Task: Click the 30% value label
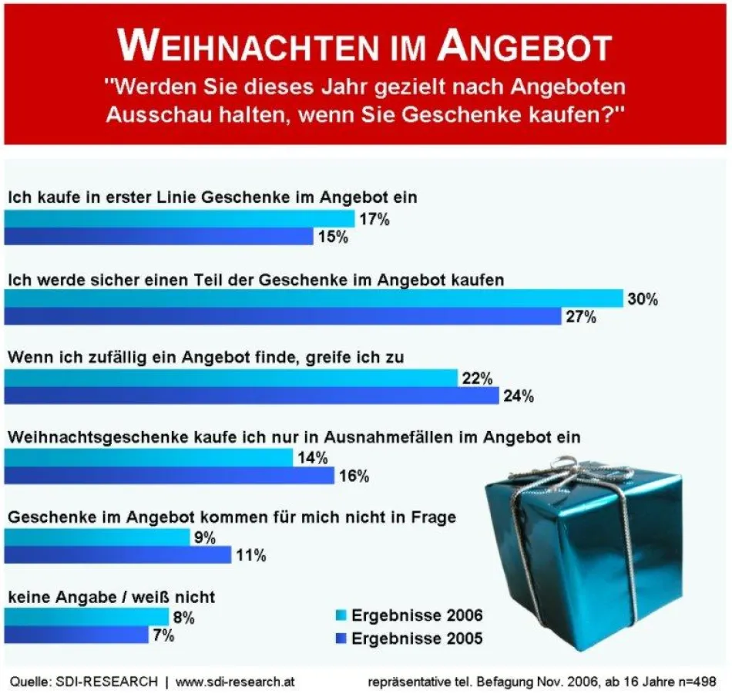coord(643,299)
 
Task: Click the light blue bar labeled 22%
coord(231,378)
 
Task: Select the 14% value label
coord(312,458)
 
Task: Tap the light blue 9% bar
coord(97,537)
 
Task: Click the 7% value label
coord(163,635)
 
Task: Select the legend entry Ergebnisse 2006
coord(417,615)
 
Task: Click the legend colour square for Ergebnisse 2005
coord(340,638)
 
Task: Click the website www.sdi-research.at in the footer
coord(235,682)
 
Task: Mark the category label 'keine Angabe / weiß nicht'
coord(111,597)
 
